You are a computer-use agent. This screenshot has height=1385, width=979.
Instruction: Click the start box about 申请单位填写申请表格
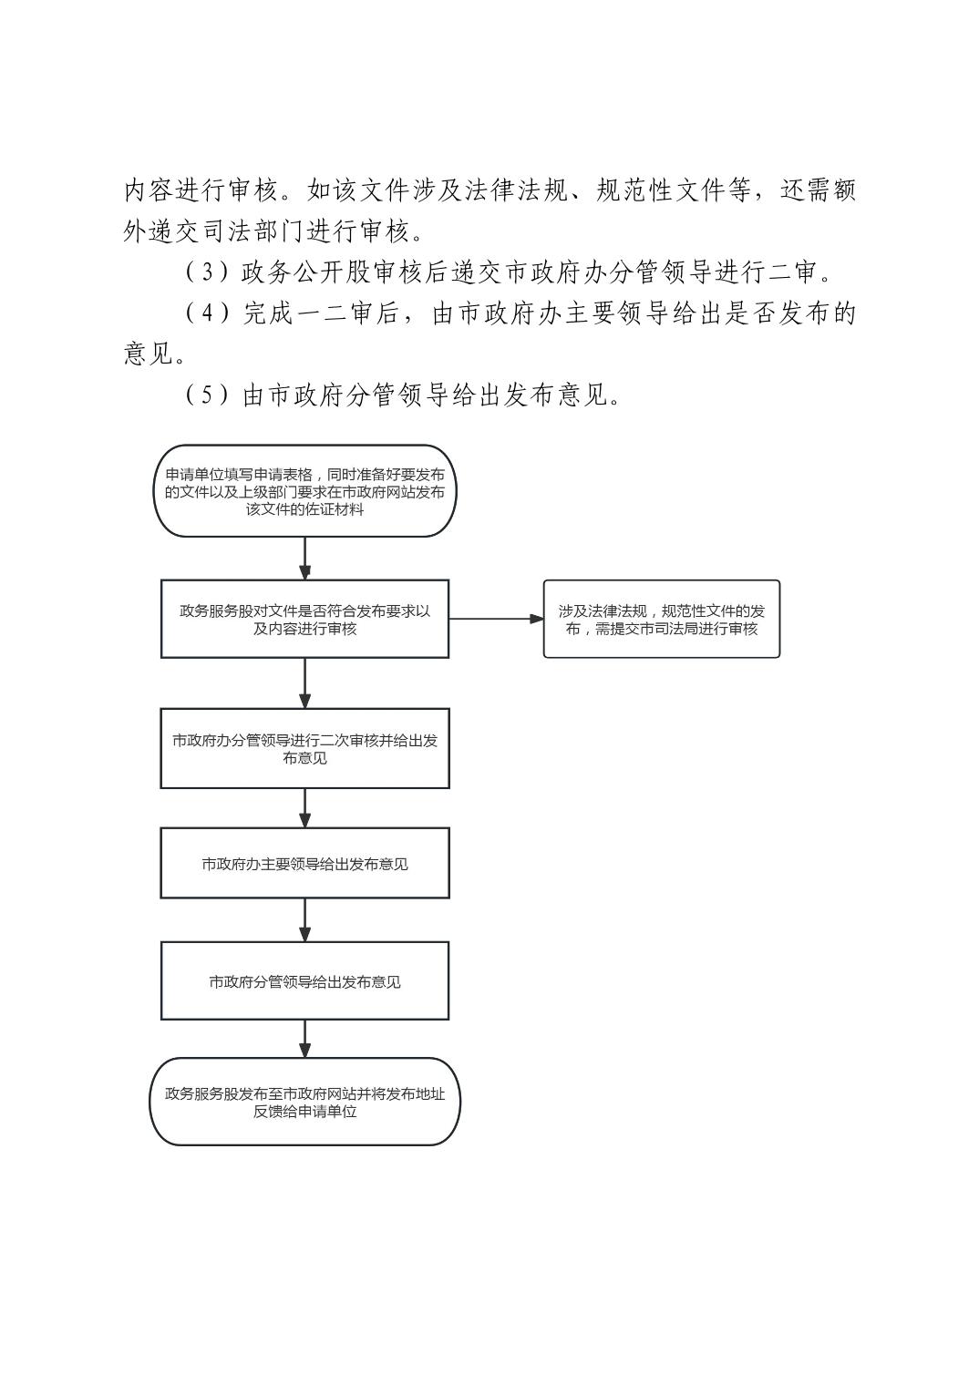pyautogui.click(x=304, y=492)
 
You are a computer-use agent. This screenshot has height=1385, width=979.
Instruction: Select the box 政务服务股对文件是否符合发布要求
pyautogui.click(x=304, y=619)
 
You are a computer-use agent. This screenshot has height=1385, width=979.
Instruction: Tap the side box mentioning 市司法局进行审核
pyautogui.click(x=661, y=619)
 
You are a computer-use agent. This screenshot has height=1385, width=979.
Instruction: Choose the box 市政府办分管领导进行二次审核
pyautogui.click(x=304, y=748)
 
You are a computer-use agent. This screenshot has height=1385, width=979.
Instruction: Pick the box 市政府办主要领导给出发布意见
pyautogui.click(x=304, y=863)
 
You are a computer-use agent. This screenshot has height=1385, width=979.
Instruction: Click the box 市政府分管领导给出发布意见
pyautogui.click(x=304, y=980)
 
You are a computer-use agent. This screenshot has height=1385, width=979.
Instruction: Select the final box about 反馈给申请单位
pyautogui.click(x=304, y=1102)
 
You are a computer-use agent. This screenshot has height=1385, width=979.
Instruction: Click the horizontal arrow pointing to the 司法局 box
pyautogui.click(x=496, y=619)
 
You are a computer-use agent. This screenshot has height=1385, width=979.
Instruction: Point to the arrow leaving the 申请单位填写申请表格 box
pyautogui.click(x=304, y=558)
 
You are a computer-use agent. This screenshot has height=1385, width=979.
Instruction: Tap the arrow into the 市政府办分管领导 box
pyautogui.click(x=304, y=683)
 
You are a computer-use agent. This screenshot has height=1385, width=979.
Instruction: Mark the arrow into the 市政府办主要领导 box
pyautogui.click(x=304, y=808)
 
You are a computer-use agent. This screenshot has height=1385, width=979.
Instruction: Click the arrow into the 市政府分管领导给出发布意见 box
pyautogui.click(x=304, y=920)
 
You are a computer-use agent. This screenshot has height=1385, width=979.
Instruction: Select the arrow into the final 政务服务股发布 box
pyautogui.click(x=304, y=1039)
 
